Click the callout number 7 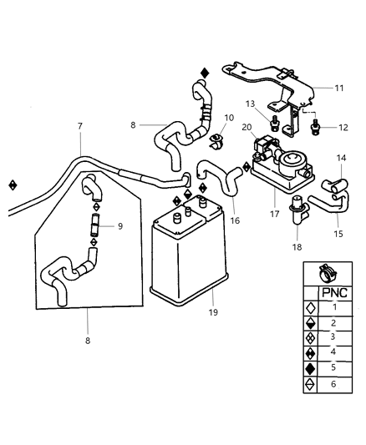pyautogui.click(x=80, y=126)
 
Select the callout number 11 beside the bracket pyautogui.click(x=338, y=87)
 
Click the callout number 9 pyautogui.click(x=119, y=225)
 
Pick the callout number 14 pyautogui.click(x=341, y=158)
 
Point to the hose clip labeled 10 pyautogui.click(x=216, y=141)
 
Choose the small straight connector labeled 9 pyautogui.click(x=94, y=225)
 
